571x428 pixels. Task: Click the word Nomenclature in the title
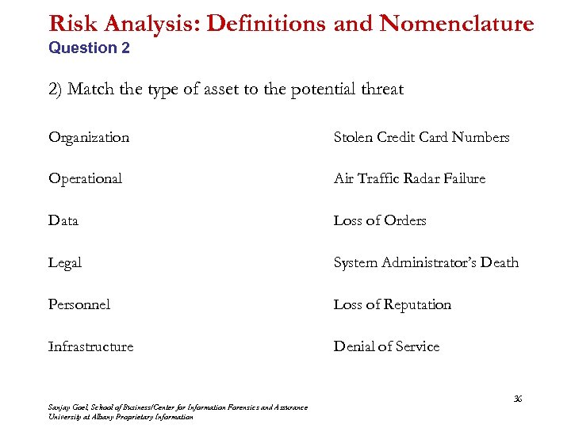(x=457, y=24)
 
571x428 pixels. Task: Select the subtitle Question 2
(x=89, y=48)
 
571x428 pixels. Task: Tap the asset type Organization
(x=89, y=137)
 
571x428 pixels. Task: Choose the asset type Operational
(x=85, y=178)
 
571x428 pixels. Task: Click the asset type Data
(x=63, y=220)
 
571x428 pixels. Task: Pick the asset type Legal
(x=65, y=262)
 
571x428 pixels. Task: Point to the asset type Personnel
(x=79, y=304)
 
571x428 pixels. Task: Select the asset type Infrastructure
(x=90, y=346)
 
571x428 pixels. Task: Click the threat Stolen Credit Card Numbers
(x=421, y=137)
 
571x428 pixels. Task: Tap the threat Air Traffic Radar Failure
(x=409, y=178)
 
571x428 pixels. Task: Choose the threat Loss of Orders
(x=380, y=220)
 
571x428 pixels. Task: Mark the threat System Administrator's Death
(x=426, y=262)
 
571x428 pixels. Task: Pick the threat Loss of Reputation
(x=393, y=304)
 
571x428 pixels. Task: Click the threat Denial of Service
(x=386, y=346)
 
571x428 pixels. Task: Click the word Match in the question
(x=90, y=89)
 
